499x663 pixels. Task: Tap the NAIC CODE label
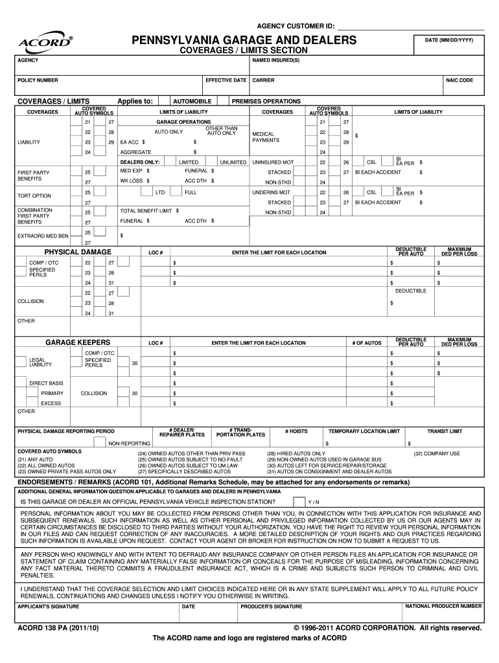[459, 80]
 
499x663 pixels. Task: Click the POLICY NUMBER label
[38, 80]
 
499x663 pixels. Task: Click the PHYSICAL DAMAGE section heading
[78, 252]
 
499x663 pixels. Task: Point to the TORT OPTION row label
[34, 196]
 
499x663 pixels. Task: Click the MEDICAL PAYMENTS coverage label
[266, 137]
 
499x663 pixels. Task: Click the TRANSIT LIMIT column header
[444, 431]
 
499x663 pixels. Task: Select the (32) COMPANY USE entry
[437, 453]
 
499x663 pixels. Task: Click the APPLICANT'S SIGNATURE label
[48, 607]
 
